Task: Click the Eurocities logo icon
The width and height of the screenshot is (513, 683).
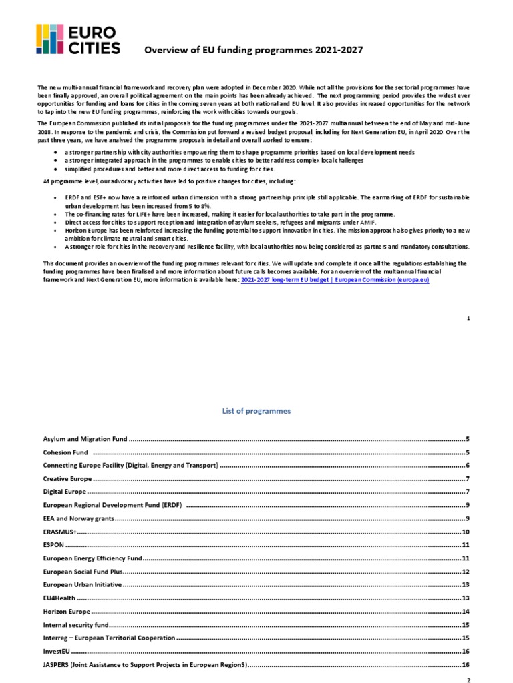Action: click(x=50, y=39)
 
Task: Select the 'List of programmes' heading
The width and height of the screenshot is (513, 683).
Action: click(x=256, y=411)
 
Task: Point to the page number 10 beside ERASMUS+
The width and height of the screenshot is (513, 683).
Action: click(x=466, y=532)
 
